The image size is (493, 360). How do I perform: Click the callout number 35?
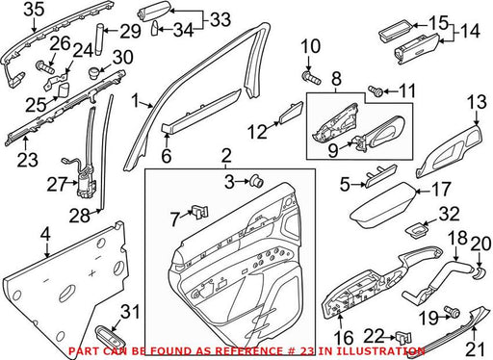tap(34, 9)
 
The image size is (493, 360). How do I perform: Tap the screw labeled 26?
tap(45, 67)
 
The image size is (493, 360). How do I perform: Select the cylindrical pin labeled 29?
tap(99, 39)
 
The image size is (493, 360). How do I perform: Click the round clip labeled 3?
tap(257, 181)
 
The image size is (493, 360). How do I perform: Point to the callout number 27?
tap(57, 184)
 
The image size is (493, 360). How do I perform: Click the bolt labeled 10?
tap(311, 78)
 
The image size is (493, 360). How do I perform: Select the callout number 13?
tap(477, 102)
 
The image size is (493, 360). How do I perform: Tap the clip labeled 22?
tap(403, 338)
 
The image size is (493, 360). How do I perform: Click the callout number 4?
tap(45, 235)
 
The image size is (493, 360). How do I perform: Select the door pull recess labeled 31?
tap(110, 337)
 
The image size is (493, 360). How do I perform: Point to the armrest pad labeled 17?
tap(382, 205)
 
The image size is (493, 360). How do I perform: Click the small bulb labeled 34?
tap(155, 28)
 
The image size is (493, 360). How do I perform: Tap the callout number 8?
tap(336, 79)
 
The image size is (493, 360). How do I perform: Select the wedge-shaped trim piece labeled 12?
tap(291, 113)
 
